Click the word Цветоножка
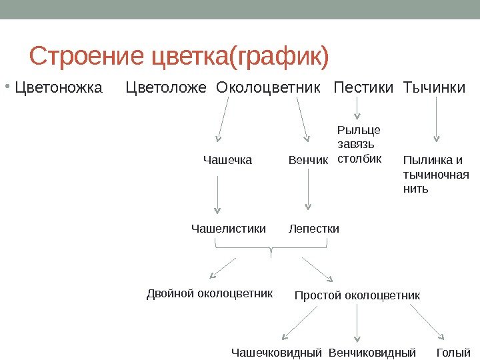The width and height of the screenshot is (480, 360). tap(59, 87)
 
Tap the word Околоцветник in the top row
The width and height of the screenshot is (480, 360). tap(269, 87)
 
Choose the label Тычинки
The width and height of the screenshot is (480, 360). tap(434, 87)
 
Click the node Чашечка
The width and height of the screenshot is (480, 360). tap(227, 160)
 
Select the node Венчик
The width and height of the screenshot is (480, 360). tap(308, 160)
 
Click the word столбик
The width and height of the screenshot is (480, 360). tap(359, 159)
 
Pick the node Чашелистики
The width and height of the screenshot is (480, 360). tap(228, 229)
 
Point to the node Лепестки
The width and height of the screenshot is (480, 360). tap(313, 229)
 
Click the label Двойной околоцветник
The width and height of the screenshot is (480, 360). tap(209, 293)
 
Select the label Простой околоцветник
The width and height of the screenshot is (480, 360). tap(357, 295)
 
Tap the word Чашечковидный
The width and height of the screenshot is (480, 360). tap(277, 352)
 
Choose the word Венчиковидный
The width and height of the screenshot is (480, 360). tap(372, 352)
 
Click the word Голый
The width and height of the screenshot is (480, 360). tap(453, 352)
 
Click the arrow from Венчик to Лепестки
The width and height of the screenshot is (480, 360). tap(308, 198)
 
